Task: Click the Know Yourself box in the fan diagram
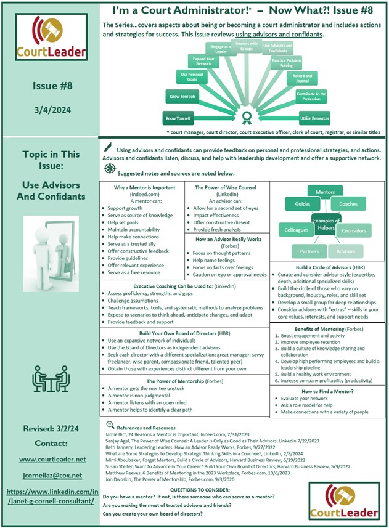(178, 118)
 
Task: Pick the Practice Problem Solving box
(287, 63)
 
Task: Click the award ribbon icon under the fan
(247, 117)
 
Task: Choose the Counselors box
(354, 231)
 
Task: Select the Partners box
(308, 251)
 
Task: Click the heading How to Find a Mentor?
(327, 391)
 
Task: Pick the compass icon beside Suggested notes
(109, 168)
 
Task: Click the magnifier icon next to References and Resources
(109, 424)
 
